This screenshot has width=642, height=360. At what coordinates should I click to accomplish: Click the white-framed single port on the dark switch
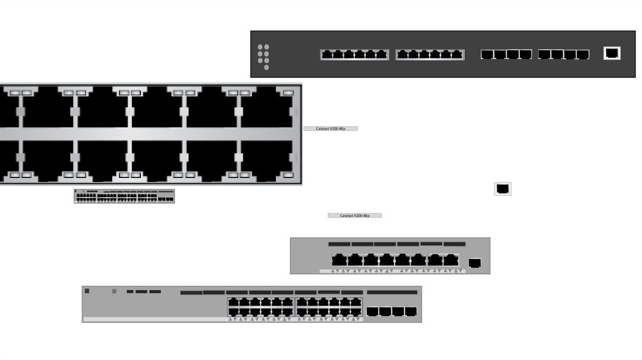[612, 53]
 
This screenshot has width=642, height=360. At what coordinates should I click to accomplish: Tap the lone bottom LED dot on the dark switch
[266, 67]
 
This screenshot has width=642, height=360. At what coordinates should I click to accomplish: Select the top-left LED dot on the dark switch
[260, 47]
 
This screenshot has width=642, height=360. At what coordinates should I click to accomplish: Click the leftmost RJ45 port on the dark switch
[327, 55]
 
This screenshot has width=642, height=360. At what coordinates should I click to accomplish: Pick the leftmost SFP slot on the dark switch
[487, 55]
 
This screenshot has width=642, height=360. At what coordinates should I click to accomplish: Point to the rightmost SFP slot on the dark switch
[582, 55]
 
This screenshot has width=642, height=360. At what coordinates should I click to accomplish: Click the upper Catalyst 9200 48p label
[330, 129]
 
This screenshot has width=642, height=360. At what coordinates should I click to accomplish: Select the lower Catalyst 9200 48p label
[355, 215]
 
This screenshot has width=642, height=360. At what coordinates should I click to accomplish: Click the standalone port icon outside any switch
[503, 189]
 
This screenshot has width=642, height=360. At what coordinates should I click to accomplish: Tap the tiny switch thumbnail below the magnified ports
[124, 196]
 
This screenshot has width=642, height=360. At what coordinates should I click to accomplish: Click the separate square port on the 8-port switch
[475, 263]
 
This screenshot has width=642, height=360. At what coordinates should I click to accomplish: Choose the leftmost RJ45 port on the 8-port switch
[339, 260]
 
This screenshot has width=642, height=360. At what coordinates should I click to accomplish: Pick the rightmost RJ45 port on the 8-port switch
[451, 260]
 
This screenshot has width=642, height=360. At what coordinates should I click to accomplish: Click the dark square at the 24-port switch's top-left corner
[87, 291]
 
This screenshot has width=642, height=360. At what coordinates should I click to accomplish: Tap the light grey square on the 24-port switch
[114, 291]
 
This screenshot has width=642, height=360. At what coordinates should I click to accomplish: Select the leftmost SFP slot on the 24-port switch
[372, 312]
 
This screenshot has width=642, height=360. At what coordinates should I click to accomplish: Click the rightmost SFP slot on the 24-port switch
[411, 312]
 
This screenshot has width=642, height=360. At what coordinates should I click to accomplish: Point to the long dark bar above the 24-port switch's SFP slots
[392, 292]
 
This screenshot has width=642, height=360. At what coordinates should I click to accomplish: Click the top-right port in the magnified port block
[268, 107]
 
